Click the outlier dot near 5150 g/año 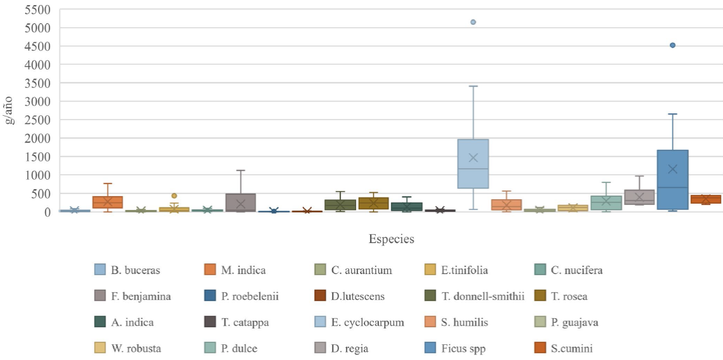[473, 22]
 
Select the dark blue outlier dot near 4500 [672, 45]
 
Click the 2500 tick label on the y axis [37, 120]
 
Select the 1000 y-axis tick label [37, 175]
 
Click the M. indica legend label [244, 270]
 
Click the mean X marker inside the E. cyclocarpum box [473, 157]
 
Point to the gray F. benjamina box [240, 202]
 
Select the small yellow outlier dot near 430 [174, 196]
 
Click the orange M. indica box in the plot [108, 202]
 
